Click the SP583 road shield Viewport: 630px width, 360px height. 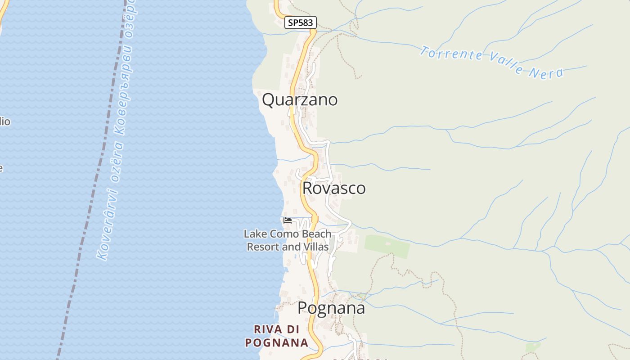301,22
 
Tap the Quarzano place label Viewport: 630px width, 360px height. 300,99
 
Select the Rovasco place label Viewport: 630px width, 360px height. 334,188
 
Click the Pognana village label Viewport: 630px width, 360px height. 331,309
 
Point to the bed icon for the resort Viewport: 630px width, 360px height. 288,220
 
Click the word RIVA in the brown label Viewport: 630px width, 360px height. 269,329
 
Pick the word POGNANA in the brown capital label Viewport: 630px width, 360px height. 277,342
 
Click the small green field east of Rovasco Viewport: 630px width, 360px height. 387,246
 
